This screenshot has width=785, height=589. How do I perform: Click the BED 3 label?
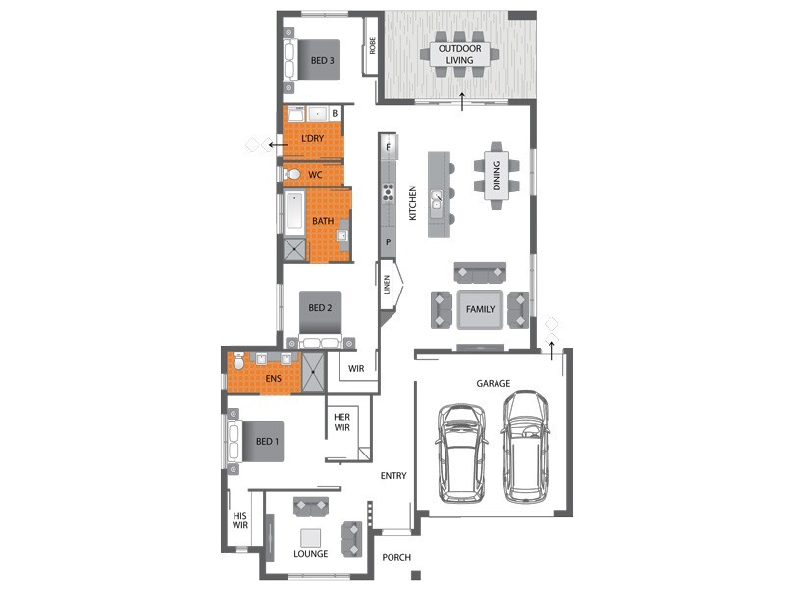pyautogui.click(x=323, y=60)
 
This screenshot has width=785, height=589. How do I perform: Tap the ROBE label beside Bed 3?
pyautogui.click(x=372, y=46)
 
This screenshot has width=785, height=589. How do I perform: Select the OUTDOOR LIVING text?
pyautogui.click(x=459, y=54)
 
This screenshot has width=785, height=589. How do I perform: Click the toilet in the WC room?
pyautogui.click(x=291, y=175)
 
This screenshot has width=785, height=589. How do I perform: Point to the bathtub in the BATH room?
pyautogui.click(x=294, y=212)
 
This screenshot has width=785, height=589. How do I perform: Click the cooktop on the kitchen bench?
pyautogui.click(x=388, y=192)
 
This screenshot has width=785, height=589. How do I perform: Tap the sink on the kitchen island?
pyautogui.click(x=437, y=200)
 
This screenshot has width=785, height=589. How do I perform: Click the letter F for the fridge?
pyautogui.click(x=388, y=148)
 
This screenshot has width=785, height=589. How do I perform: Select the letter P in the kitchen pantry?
pyautogui.click(x=388, y=242)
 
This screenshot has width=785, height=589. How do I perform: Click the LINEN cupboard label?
pyautogui.click(x=387, y=284)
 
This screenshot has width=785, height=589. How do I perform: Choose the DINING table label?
pyautogui.click(x=497, y=176)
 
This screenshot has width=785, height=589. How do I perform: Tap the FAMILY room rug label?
pyautogui.click(x=480, y=309)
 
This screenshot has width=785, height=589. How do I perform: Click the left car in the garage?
pyautogui.click(x=461, y=453)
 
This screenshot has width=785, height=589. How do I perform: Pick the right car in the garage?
pyautogui.click(x=526, y=447)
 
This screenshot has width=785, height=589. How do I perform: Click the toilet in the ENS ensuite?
pyautogui.click(x=238, y=361)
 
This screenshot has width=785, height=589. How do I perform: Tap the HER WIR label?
pyautogui.click(x=341, y=422)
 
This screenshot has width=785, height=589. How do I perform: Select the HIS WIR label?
pyautogui.click(x=239, y=521)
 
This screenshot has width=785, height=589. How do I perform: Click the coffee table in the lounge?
pyautogui.click(x=310, y=538)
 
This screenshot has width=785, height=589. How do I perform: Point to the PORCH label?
pyautogui.click(x=396, y=557)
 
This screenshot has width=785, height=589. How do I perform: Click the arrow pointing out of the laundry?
pyautogui.click(x=278, y=145)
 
